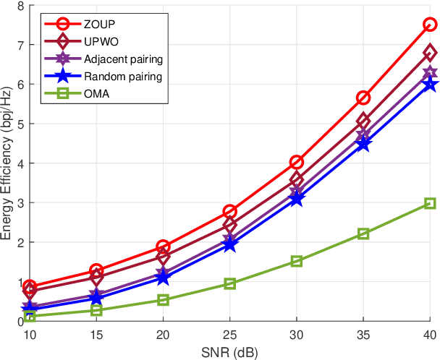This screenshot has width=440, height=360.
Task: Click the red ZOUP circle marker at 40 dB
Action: click(430, 25)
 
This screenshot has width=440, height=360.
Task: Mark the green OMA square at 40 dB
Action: click(430, 203)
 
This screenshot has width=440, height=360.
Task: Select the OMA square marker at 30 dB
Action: click(296, 261)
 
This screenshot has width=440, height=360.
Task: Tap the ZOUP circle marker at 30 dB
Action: click(296, 162)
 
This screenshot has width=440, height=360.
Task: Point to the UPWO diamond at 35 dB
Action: click(363, 121)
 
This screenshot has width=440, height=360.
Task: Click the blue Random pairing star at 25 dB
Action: click(229, 244)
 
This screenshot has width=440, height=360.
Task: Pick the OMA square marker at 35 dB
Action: click(363, 233)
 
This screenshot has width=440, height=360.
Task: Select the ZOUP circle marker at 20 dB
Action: click(163, 247)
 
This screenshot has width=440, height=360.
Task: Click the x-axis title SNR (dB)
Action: click(229, 352)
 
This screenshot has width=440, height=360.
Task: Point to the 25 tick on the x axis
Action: click(229, 335)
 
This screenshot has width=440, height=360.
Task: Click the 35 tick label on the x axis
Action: click(363, 335)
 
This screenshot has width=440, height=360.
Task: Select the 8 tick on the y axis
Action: click(20, 7)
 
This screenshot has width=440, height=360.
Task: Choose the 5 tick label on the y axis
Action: click(20, 124)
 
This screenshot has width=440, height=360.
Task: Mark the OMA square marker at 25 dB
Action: click(229, 284)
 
